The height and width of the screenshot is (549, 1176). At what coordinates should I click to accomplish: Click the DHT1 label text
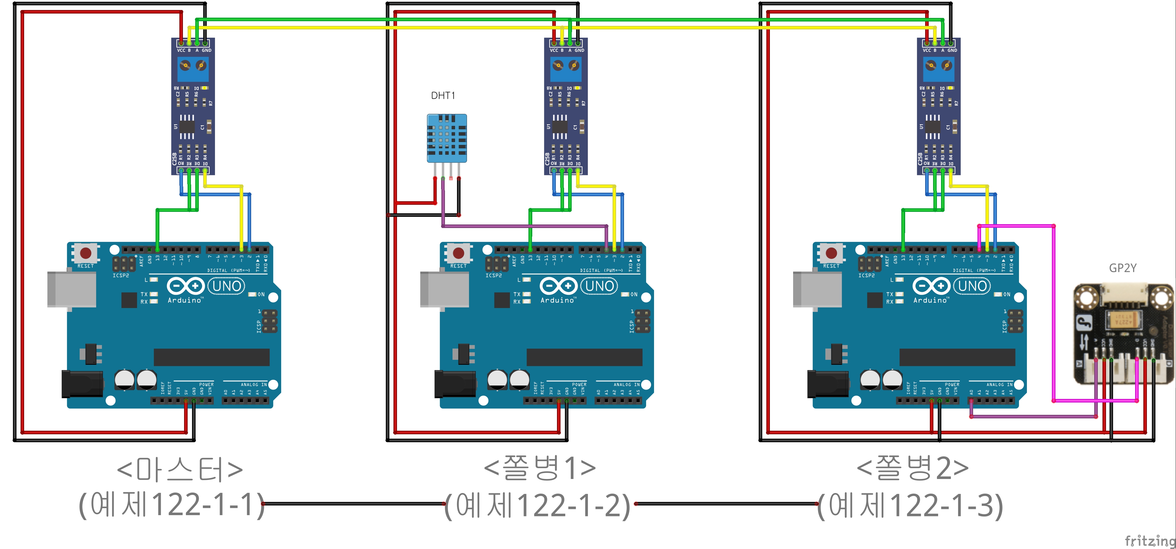click(443, 95)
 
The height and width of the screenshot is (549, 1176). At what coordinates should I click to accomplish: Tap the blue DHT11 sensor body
click(446, 138)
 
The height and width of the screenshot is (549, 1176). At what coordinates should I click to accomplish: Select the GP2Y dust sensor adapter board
click(1123, 333)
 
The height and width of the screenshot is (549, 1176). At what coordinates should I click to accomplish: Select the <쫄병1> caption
click(540, 468)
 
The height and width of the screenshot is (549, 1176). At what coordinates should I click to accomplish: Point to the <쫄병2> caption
click(913, 468)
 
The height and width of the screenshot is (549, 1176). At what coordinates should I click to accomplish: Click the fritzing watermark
click(1150, 541)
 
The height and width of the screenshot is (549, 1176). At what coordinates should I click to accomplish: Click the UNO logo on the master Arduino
click(227, 286)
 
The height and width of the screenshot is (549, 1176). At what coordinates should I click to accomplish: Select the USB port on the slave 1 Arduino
click(444, 289)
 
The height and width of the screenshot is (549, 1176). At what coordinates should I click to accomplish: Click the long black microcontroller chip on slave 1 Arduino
click(584, 357)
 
